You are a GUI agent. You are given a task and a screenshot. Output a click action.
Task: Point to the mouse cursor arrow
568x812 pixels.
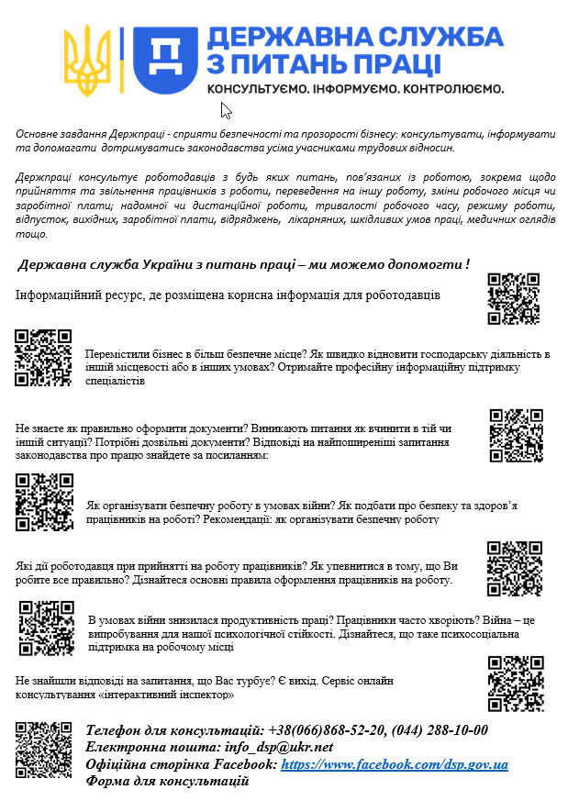click(x=226, y=111)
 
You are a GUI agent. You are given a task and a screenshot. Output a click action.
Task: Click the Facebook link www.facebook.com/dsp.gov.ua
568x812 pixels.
click(x=395, y=764)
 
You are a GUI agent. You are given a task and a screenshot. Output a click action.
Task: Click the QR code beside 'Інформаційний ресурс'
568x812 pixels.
click(x=513, y=299)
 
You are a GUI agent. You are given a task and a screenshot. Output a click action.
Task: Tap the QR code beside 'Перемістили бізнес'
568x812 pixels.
click(x=43, y=357)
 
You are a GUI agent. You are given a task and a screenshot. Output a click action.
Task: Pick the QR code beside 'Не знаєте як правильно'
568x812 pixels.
click(x=516, y=434)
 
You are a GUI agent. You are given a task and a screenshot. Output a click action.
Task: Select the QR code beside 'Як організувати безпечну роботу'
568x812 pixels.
click(x=45, y=500)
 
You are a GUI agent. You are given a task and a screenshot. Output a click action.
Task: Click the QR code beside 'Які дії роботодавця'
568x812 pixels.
click(x=514, y=568)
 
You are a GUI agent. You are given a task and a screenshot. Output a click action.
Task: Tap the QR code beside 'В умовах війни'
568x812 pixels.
click(x=46, y=628)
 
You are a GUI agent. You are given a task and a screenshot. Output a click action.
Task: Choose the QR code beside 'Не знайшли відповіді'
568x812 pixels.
click(x=516, y=684)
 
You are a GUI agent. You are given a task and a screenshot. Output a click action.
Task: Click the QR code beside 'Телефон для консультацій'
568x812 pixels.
click(x=43, y=750)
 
